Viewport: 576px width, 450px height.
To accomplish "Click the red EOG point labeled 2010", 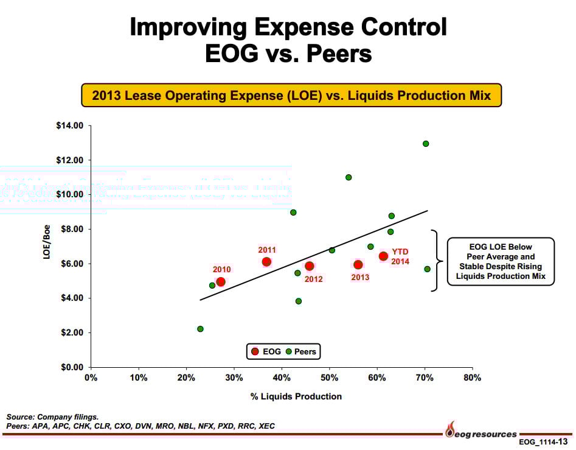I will click(x=221, y=282).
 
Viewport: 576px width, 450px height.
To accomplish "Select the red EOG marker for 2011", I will click(x=266, y=262).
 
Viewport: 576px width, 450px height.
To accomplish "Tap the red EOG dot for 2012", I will click(x=310, y=266).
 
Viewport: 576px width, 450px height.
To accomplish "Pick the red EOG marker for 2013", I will click(x=358, y=265).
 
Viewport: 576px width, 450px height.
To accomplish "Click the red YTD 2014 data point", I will click(x=383, y=256).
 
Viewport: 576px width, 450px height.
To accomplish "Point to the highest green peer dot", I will click(x=426, y=144).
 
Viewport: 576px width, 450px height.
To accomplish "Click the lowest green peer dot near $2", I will click(x=200, y=329).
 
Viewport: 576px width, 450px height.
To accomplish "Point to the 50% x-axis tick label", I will click(x=329, y=378).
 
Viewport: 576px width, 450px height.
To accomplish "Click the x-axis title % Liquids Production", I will click(x=296, y=396).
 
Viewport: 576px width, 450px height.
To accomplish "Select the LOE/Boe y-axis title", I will click(x=47, y=244).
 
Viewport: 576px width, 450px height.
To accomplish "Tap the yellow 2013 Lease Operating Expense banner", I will click(x=291, y=96).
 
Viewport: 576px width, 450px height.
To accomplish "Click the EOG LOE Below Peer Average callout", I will click(x=501, y=261).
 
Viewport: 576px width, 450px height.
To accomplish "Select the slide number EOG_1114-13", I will click(x=544, y=441).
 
